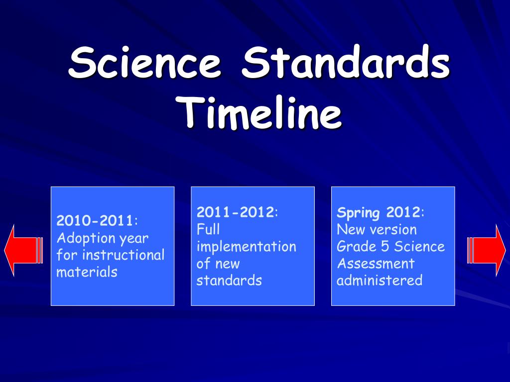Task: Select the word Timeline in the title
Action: click(261, 113)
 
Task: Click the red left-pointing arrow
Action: click(23, 250)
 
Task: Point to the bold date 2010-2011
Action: click(95, 221)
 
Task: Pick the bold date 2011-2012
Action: click(235, 212)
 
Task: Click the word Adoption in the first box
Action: click(86, 238)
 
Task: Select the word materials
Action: click(87, 272)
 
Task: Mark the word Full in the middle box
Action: click(208, 229)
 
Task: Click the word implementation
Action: click(246, 247)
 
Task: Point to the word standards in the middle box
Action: click(229, 281)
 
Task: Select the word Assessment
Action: click(375, 264)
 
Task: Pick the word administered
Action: click(379, 281)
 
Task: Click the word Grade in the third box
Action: click(356, 247)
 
